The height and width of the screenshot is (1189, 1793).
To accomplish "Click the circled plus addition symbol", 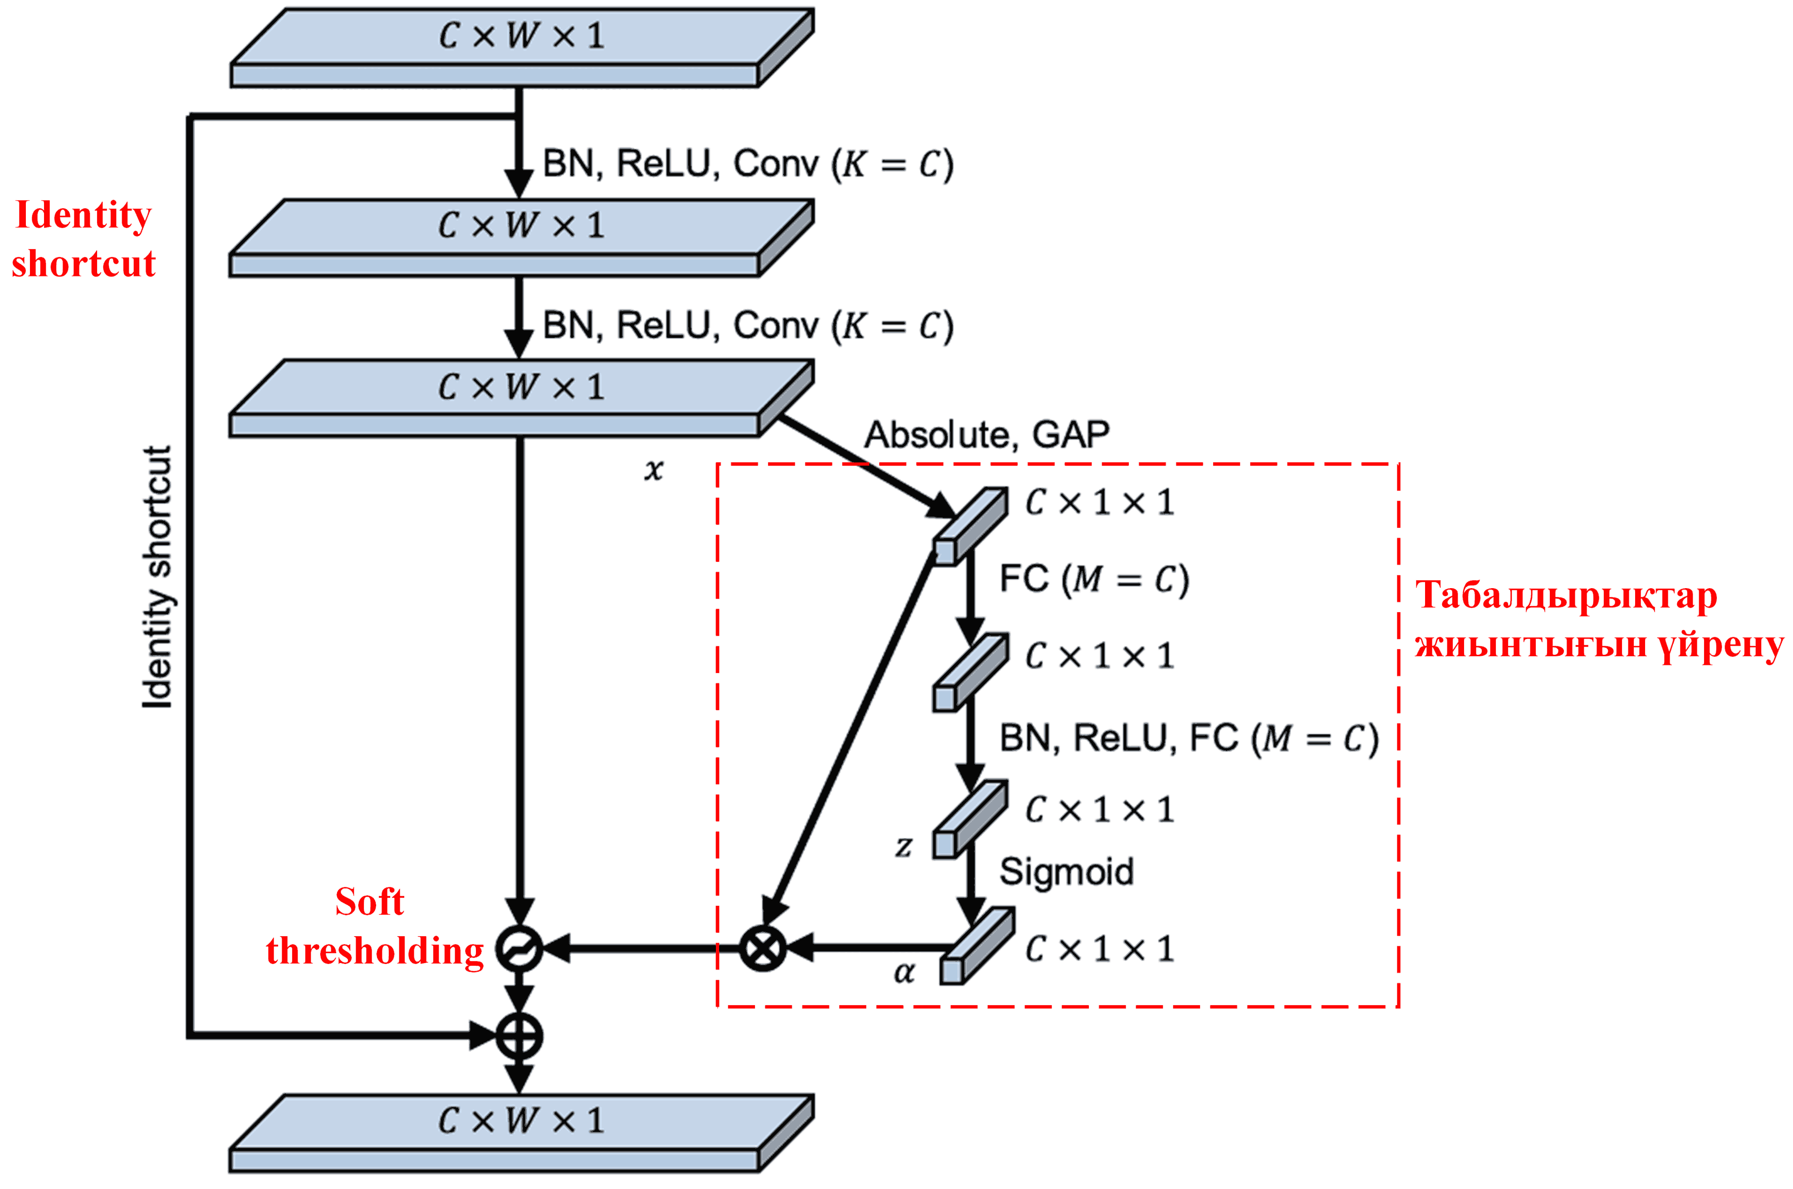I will coord(519,1036).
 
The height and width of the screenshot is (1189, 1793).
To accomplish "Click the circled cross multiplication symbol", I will coord(762,948).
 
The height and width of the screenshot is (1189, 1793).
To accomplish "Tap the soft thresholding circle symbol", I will coord(519,948).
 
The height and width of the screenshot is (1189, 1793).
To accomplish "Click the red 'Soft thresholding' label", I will coord(374,927).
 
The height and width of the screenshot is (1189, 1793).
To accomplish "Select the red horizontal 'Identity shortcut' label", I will coord(83,239).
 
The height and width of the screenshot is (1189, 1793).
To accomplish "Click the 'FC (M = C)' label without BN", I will coord(1094,580).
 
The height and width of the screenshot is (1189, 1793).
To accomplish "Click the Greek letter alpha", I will coord(904,972).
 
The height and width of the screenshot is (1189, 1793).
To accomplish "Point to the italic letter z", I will coord(903,845).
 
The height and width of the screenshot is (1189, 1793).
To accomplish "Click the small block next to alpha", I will coord(976,946).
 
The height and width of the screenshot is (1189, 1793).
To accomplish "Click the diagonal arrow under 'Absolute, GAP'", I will coord(864,462).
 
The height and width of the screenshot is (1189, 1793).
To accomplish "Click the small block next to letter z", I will coord(970,819).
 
